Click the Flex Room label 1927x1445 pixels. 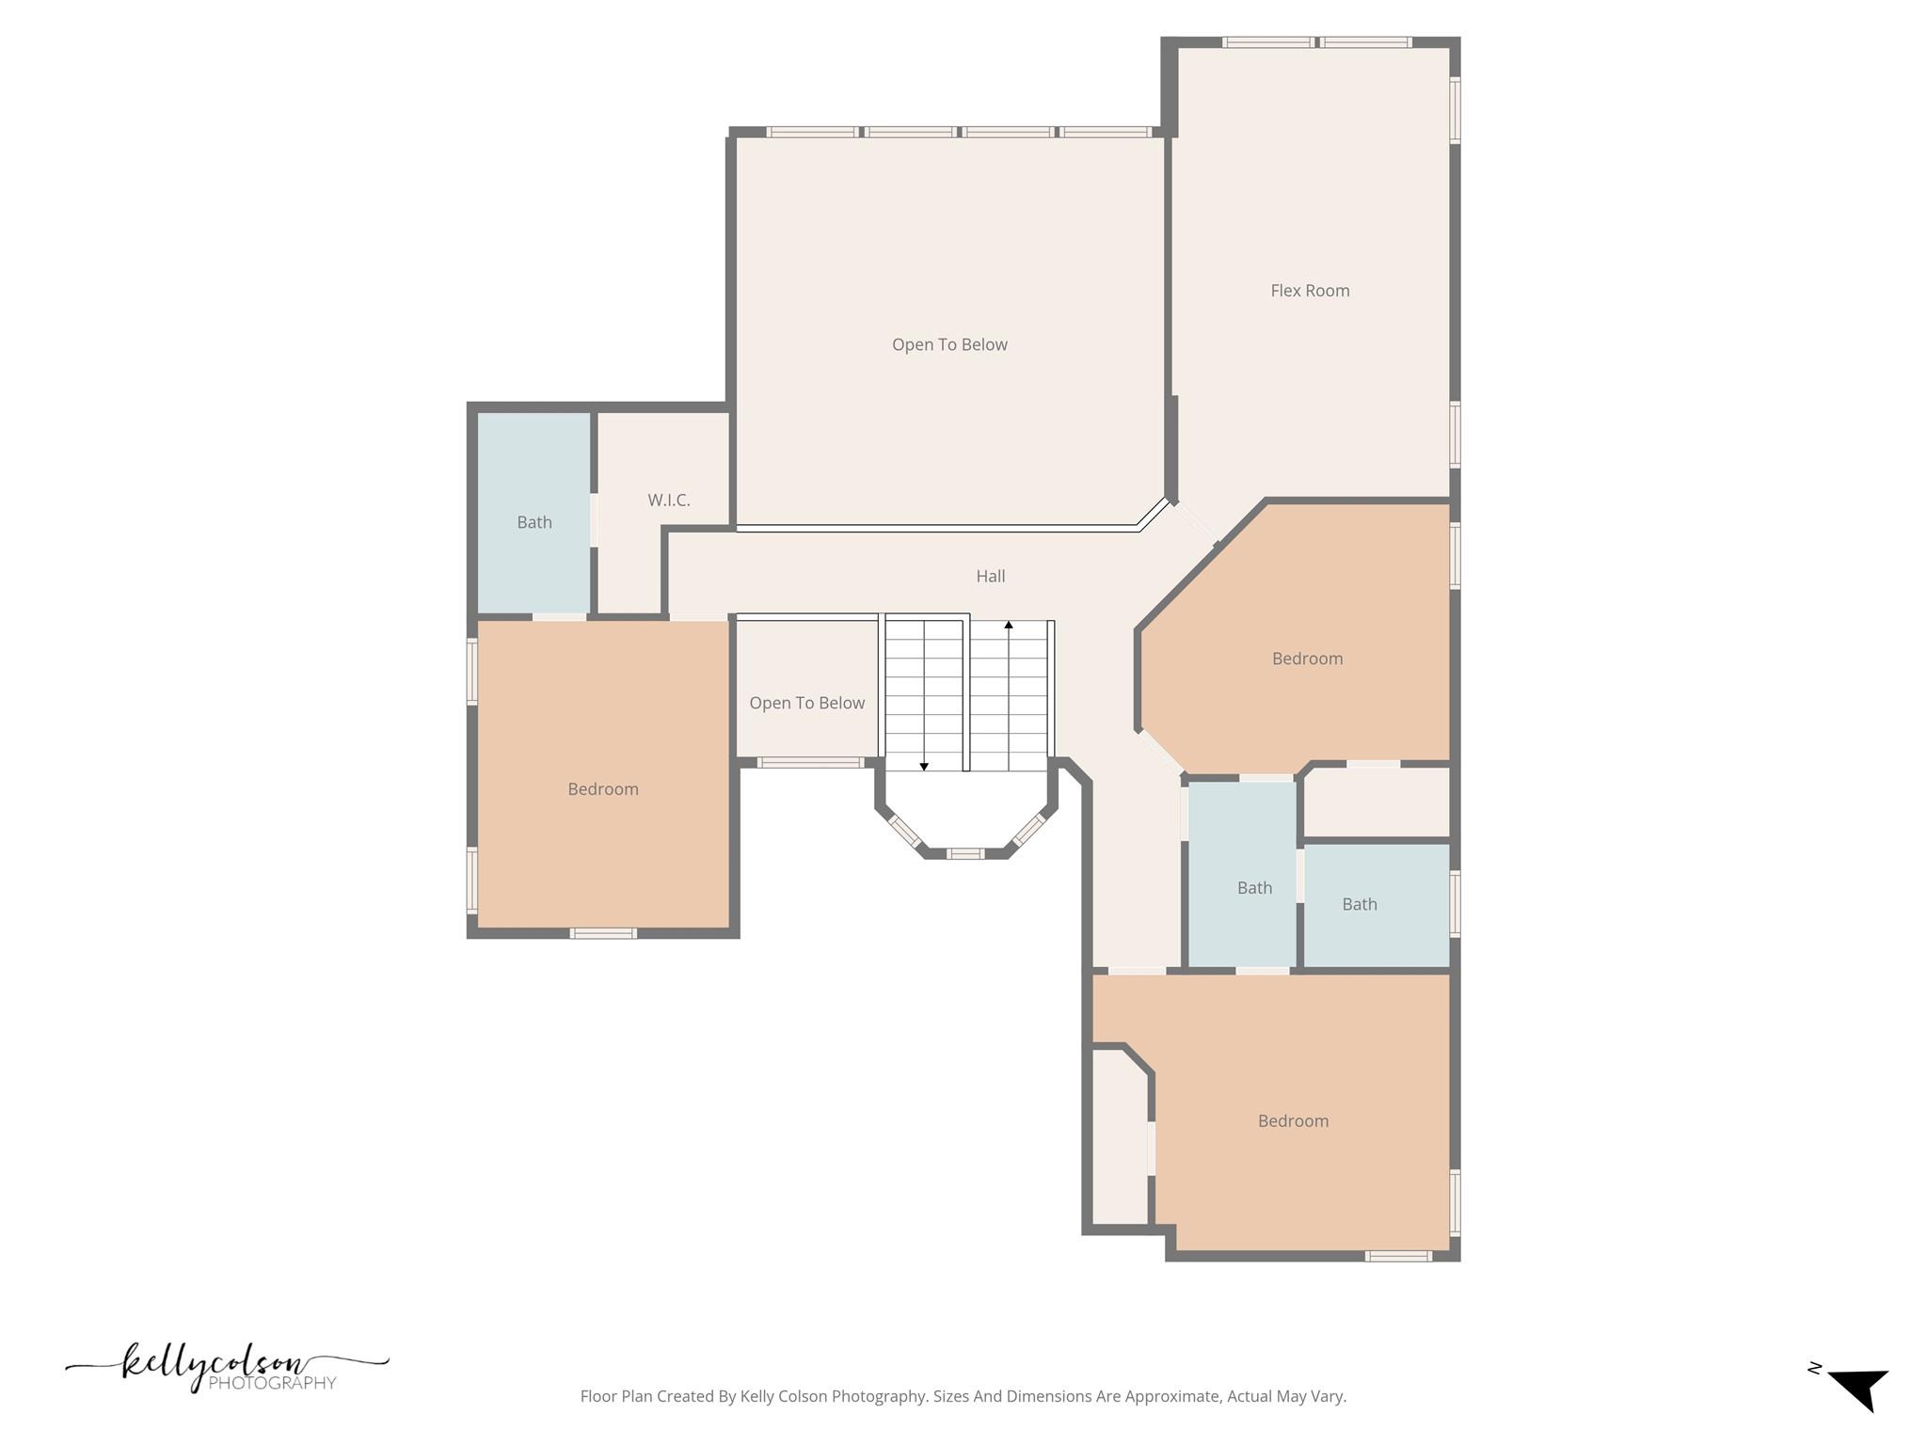click(x=1310, y=291)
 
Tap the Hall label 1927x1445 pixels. click(x=990, y=576)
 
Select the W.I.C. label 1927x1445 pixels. click(x=668, y=500)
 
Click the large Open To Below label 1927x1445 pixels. click(x=949, y=344)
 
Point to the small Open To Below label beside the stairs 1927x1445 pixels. click(x=806, y=703)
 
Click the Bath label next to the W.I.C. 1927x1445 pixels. click(x=534, y=522)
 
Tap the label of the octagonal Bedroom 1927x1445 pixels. click(x=1307, y=659)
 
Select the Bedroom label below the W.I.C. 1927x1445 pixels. click(x=603, y=789)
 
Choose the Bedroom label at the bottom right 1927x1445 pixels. click(x=1293, y=1120)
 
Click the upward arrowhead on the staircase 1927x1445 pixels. click(x=1009, y=625)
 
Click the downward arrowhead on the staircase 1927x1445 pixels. click(x=924, y=767)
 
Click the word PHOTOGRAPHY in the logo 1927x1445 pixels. click(x=272, y=1383)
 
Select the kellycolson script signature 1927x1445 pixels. click(x=216, y=1364)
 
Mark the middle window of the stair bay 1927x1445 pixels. click(x=964, y=853)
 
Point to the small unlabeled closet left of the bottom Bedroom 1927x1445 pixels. click(x=1120, y=1138)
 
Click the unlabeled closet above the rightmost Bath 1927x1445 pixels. click(x=1376, y=802)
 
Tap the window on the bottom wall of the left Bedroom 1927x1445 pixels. click(x=603, y=933)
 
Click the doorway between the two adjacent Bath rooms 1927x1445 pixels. click(x=1299, y=875)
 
